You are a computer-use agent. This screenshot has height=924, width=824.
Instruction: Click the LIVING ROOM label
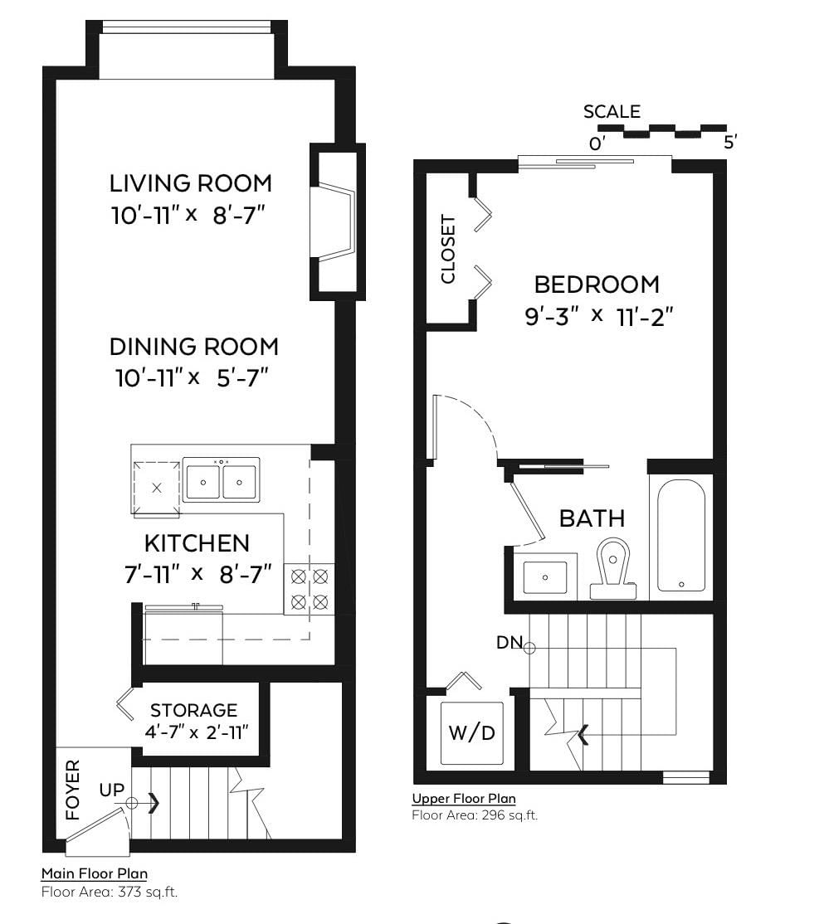[x=190, y=183]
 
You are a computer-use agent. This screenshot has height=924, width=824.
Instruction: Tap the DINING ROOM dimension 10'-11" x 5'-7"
[x=193, y=377]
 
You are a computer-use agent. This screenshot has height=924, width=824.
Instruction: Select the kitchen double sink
[x=221, y=480]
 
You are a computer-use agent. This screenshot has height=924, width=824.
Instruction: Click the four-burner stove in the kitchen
[x=310, y=589]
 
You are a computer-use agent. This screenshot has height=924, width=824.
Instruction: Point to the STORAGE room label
[x=194, y=710]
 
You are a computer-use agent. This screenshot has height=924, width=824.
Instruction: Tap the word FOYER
[x=72, y=790]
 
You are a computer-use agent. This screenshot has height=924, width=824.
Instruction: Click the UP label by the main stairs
[x=112, y=790]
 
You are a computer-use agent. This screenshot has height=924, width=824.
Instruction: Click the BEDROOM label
[x=597, y=284]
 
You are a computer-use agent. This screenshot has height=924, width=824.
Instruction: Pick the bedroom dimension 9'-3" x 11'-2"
[x=599, y=317]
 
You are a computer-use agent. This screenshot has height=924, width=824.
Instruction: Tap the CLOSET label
[x=449, y=249]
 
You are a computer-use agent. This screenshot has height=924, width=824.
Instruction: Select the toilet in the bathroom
[x=613, y=568]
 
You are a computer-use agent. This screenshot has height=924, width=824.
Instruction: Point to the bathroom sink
[x=545, y=577]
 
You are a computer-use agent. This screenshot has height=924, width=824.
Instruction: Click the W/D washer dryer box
[x=472, y=733]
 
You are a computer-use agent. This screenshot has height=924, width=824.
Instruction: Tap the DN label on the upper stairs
[x=510, y=642]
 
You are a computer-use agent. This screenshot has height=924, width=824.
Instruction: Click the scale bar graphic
[x=662, y=131]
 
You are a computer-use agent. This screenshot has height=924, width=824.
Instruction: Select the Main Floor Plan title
[x=95, y=873]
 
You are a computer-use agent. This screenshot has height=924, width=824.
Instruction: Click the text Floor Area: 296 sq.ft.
[x=475, y=815]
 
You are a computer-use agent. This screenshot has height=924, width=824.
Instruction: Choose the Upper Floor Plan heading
[x=464, y=799]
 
